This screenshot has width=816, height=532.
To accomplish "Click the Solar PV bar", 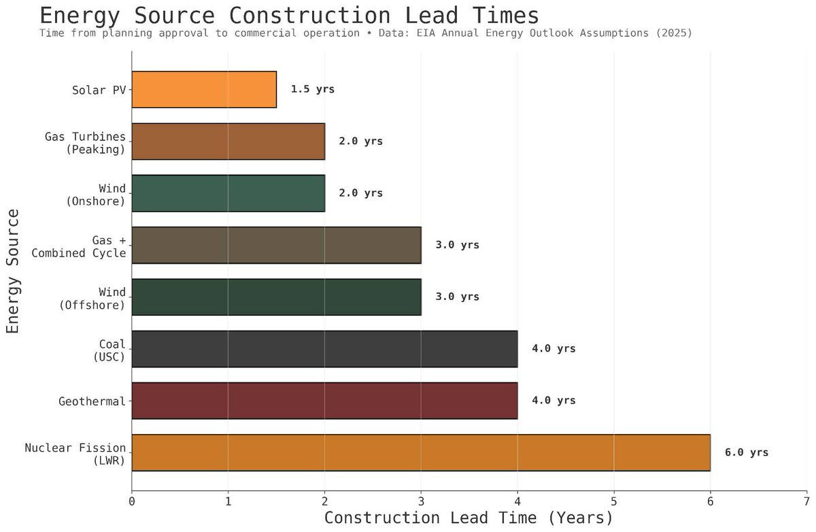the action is (204, 89).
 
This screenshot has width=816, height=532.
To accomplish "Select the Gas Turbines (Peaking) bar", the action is (228, 142).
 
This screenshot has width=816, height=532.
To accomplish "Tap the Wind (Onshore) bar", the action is (228, 193).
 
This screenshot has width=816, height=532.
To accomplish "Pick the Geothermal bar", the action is (324, 401).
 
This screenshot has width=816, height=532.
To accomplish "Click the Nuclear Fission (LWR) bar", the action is (421, 452).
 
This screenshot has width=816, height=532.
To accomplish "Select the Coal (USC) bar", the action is (324, 349).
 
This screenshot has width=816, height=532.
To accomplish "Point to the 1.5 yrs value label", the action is (313, 89).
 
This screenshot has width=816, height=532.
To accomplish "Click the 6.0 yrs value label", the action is (747, 452).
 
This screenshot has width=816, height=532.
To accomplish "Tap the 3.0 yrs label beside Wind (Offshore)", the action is (457, 297).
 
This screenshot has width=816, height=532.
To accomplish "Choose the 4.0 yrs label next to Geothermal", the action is (554, 401).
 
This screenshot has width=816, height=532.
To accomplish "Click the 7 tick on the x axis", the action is (806, 502).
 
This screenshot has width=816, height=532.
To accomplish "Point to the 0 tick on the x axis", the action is (132, 502).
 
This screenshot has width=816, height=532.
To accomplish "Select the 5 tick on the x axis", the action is (614, 502).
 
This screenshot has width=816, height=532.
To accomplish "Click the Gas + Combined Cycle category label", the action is (79, 247).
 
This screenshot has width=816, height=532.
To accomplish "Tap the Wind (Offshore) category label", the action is (92, 299).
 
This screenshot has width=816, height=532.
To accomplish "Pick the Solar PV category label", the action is (99, 90).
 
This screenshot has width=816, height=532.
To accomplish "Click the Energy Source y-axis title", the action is (13, 271).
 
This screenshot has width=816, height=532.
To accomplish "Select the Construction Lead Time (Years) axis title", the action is (469, 518).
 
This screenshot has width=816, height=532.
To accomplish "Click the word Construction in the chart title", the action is (309, 16).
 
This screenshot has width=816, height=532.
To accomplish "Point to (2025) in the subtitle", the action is (674, 33).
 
